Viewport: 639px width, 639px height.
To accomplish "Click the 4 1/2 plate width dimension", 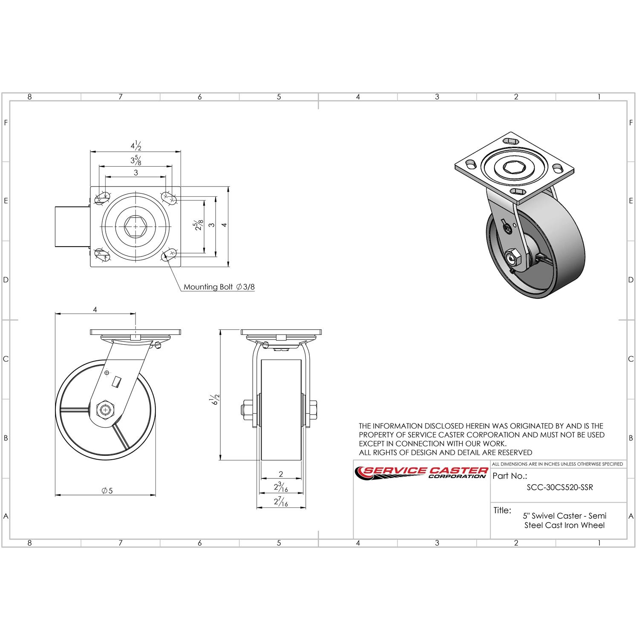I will click(136, 146).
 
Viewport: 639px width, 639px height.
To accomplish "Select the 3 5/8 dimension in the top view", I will click(136, 160).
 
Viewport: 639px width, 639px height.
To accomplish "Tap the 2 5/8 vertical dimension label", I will click(199, 226).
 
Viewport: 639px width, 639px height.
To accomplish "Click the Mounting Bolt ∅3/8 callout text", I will click(219, 287).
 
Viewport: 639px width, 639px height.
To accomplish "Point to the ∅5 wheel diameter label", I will click(107, 491).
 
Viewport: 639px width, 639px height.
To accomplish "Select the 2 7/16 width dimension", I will click(281, 503).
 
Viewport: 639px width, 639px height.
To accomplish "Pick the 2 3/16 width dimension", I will click(281, 487).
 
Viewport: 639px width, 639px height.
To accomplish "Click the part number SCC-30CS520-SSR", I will click(559, 488).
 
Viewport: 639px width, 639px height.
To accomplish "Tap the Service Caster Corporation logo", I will click(421, 472).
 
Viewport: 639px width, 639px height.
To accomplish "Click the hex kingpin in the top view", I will click(135, 226).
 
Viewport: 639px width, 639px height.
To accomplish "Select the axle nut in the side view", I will click(104, 410).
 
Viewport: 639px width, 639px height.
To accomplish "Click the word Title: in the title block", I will click(502, 510).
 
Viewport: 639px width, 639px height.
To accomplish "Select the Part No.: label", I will click(509, 476).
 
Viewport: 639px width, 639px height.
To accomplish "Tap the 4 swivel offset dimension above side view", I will click(95, 310).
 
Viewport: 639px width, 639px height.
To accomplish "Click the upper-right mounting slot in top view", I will click(169, 197).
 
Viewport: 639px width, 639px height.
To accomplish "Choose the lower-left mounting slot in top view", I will click(102, 255).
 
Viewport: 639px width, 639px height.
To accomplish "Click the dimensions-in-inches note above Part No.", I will click(557, 464).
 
